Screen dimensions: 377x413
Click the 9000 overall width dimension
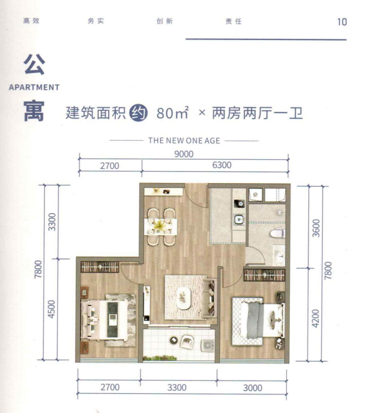[184, 154]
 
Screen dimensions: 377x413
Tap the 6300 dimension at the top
[222, 165]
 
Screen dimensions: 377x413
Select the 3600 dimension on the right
[316, 228]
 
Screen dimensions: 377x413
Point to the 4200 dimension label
[315, 318]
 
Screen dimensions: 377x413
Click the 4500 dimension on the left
[52, 309]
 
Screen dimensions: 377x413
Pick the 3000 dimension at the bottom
[253, 388]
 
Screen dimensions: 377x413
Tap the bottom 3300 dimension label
[177, 388]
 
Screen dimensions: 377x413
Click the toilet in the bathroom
[277, 233]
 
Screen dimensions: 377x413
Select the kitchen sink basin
[239, 219]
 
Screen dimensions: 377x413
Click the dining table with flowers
[161, 226]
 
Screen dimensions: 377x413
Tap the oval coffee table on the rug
[183, 297]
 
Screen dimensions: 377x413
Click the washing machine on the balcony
[207, 346]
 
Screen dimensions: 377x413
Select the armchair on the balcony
[187, 342]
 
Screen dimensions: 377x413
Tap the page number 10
[342, 22]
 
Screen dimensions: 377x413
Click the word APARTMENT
[34, 87]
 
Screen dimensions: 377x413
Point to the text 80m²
[173, 113]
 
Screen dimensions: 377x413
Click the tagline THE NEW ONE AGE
[184, 141]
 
